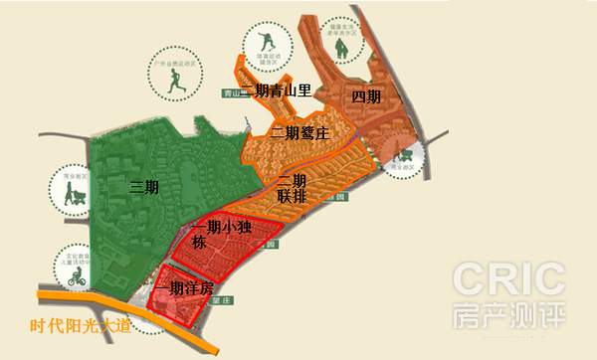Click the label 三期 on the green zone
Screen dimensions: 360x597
coord(146,187)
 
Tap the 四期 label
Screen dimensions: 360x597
coord(366,96)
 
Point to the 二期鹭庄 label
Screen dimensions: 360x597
coord(298,132)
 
